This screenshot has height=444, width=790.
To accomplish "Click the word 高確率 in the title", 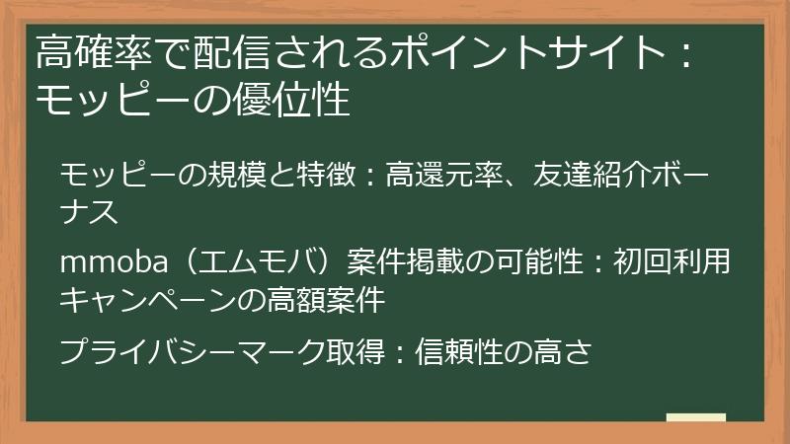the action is (94, 52).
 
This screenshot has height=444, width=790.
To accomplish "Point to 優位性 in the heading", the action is (291, 100).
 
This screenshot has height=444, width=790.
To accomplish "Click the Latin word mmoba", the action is (114, 262).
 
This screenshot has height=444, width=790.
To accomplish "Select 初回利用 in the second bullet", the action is (672, 262).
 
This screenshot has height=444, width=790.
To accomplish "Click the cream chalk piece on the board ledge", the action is (696, 417).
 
